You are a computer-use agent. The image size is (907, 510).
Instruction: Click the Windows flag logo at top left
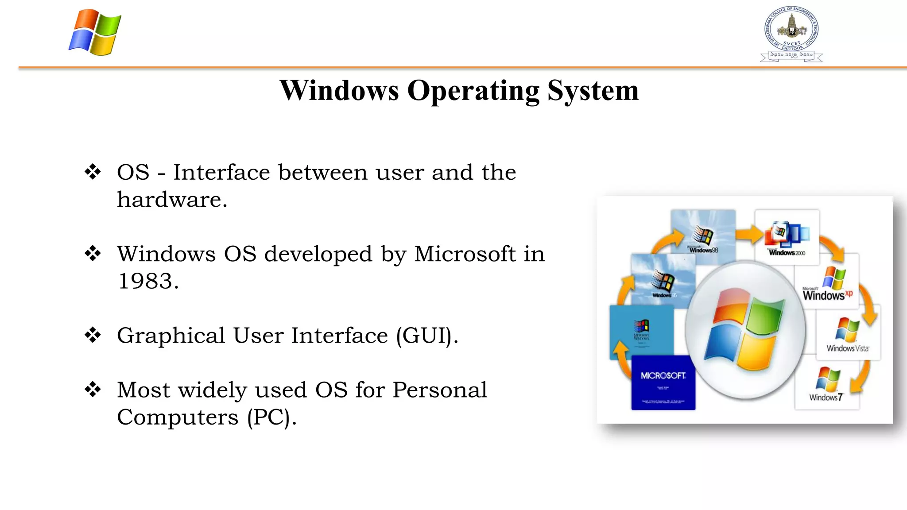[95, 32]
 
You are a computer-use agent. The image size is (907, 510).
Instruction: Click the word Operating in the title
[473, 91]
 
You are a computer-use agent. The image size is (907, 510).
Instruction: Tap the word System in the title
[593, 91]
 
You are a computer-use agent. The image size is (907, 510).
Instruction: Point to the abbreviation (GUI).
[426, 336]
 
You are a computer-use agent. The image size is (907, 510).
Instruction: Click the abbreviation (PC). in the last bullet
[271, 417]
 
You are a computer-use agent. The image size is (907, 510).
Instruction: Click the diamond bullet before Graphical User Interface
[93, 335]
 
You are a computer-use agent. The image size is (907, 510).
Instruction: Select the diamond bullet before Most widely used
[93, 390]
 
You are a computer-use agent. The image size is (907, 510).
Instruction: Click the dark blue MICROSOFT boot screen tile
[663, 382]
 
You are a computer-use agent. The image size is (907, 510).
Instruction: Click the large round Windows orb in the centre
[745, 330]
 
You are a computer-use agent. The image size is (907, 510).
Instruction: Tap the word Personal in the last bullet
[439, 390]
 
